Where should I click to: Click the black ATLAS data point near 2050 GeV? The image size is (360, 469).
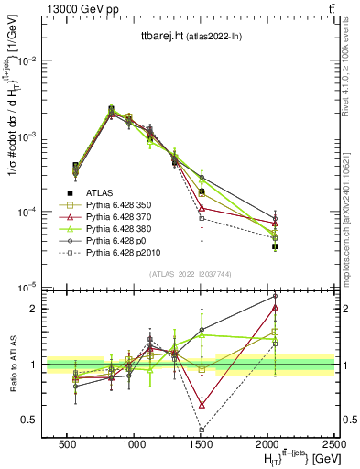275,246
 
